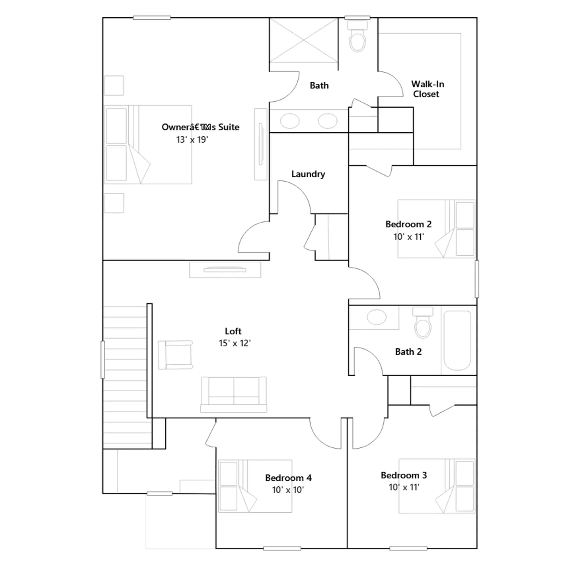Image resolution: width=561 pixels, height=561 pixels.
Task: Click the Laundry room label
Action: click(308, 174)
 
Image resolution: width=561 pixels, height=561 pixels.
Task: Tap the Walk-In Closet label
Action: click(427, 89)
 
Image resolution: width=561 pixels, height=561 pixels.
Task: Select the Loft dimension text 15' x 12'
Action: click(235, 343)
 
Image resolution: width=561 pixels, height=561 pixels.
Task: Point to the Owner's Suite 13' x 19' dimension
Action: click(192, 140)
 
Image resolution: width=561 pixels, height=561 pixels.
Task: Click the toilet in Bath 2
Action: click(423, 322)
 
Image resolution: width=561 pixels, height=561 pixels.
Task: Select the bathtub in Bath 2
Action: click(457, 340)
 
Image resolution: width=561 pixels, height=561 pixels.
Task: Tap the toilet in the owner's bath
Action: click(357, 36)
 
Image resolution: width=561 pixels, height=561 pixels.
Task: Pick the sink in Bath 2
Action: click(377, 317)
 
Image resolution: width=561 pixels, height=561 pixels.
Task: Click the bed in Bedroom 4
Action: click(255, 486)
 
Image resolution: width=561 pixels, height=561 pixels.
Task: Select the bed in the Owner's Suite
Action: click(148, 144)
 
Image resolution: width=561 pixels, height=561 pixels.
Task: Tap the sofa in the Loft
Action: click(234, 394)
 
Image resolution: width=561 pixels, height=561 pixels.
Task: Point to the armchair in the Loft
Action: click(175, 355)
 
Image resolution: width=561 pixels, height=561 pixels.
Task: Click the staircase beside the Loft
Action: click(125, 377)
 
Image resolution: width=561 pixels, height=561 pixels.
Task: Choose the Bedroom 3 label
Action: click(404, 475)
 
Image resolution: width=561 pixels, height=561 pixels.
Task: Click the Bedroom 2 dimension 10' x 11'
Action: click(408, 237)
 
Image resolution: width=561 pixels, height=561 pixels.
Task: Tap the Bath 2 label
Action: click(408, 352)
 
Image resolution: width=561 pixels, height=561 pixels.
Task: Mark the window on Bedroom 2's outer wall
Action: click(477, 279)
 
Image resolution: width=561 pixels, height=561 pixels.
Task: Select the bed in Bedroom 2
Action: click(437, 229)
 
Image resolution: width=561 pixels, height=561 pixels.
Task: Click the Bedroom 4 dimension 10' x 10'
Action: click(288, 490)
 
